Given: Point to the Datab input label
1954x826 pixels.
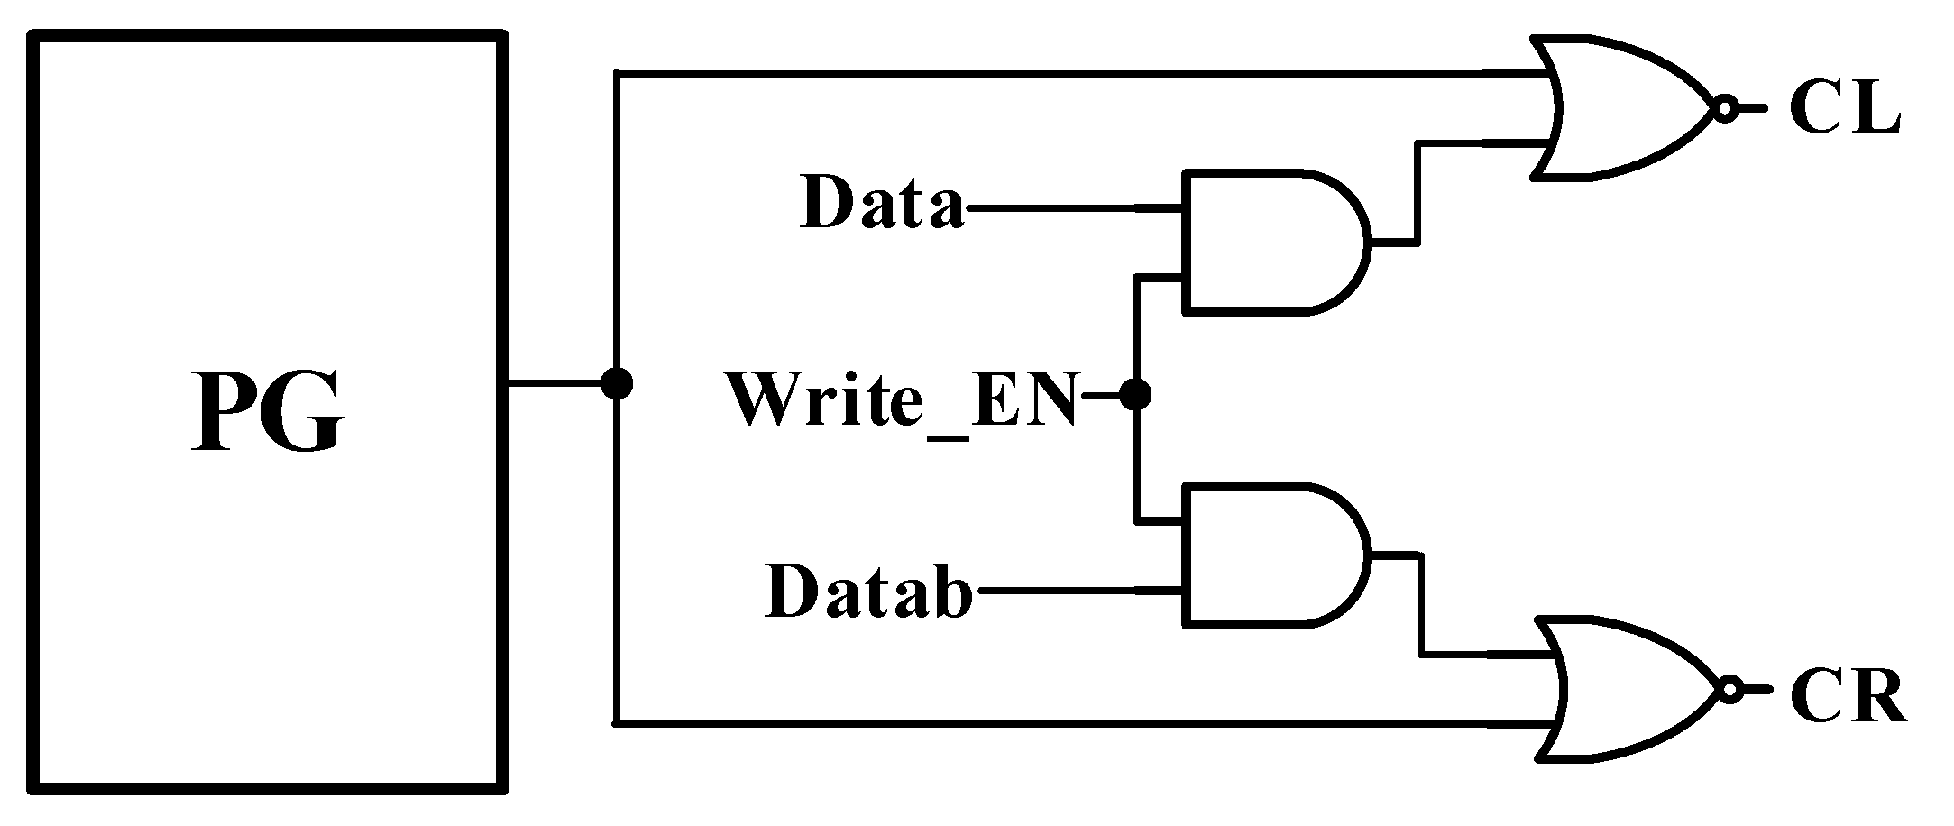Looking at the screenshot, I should tap(868, 591).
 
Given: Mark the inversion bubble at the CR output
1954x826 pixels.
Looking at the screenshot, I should tap(1729, 691).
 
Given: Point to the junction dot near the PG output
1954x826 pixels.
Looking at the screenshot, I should tap(617, 384).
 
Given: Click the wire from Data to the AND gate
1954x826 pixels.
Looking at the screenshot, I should tap(1073, 208).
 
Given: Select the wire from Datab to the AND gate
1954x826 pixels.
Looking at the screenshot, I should tap(1078, 592).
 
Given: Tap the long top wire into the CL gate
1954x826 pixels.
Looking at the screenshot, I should tap(1082, 73).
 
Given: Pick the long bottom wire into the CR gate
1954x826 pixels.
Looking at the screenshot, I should tap(1082, 723).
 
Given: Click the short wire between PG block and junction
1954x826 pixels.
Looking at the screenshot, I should tap(555, 384).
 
